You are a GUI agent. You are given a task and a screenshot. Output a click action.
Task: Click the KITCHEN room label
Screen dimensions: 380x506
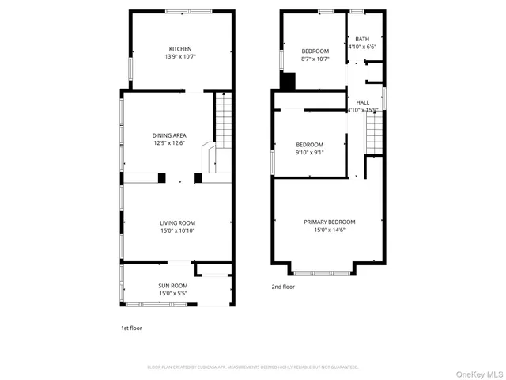tap(180, 47)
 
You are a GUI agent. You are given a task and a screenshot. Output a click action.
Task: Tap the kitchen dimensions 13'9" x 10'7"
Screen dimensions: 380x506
tap(180, 56)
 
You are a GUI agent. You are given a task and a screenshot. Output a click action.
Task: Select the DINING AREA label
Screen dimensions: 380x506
tap(169, 135)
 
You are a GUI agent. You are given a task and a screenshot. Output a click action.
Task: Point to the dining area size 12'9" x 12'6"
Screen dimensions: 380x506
tap(169, 143)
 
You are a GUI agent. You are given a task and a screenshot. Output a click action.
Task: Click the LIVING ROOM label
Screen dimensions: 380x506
tap(177, 222)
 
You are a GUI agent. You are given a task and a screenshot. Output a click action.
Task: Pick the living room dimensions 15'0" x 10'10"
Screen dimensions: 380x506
tap(177, 231)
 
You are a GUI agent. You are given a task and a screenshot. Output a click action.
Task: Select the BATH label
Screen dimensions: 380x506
tap(362, 39)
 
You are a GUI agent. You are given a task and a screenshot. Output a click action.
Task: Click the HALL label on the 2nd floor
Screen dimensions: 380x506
tap(363, 102)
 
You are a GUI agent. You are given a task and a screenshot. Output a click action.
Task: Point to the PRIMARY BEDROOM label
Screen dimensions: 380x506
tap(330, 222)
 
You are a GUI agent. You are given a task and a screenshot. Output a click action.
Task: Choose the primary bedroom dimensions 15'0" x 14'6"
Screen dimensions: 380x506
tap(330, 230)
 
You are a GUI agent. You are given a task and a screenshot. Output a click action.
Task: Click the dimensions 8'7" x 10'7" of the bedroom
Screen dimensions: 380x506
tap(315, 59)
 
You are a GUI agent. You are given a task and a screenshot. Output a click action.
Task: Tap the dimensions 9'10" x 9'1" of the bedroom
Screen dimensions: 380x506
tap(309, 153)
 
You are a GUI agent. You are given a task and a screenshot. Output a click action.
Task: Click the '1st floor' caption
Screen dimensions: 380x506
tap(131, 327)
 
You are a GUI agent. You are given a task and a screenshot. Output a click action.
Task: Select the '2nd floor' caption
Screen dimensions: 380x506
tap(283, 287)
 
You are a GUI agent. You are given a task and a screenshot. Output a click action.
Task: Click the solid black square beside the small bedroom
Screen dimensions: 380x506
tap(288, 82)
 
